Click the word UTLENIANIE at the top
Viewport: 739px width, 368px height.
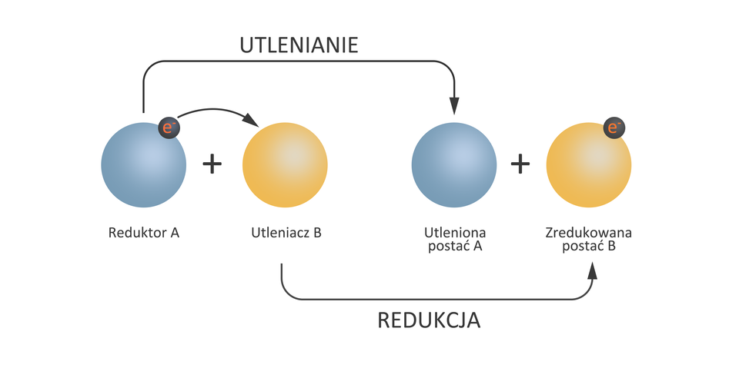[299, 45]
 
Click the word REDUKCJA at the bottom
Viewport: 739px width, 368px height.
[429, 320]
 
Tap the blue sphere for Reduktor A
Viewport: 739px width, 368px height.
[143, 165]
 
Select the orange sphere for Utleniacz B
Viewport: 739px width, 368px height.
[285, 165]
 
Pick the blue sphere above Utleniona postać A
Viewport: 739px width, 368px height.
[454, 165]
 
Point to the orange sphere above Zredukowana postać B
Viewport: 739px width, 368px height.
[589, 165]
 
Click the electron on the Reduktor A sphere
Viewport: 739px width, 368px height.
[169, 128]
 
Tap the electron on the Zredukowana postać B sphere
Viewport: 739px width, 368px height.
[614, 128]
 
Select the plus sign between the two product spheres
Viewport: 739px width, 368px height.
[521, 164]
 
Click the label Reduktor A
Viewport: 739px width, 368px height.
[144, 231]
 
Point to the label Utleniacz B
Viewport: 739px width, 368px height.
[286, 231]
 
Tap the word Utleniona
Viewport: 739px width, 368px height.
[455, 231]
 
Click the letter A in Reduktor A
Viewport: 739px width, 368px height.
[175, 231]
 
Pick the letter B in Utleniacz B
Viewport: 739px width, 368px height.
[316, 231]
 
